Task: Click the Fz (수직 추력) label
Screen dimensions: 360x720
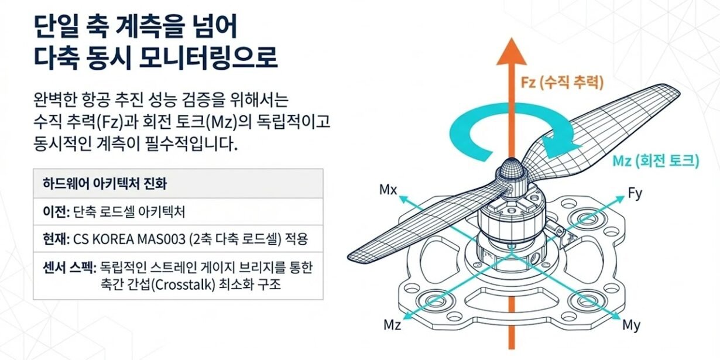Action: click(561, 81)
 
